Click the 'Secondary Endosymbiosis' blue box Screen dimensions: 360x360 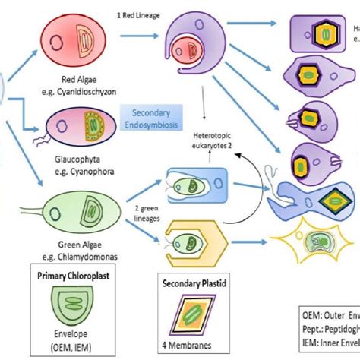(150, 115)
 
